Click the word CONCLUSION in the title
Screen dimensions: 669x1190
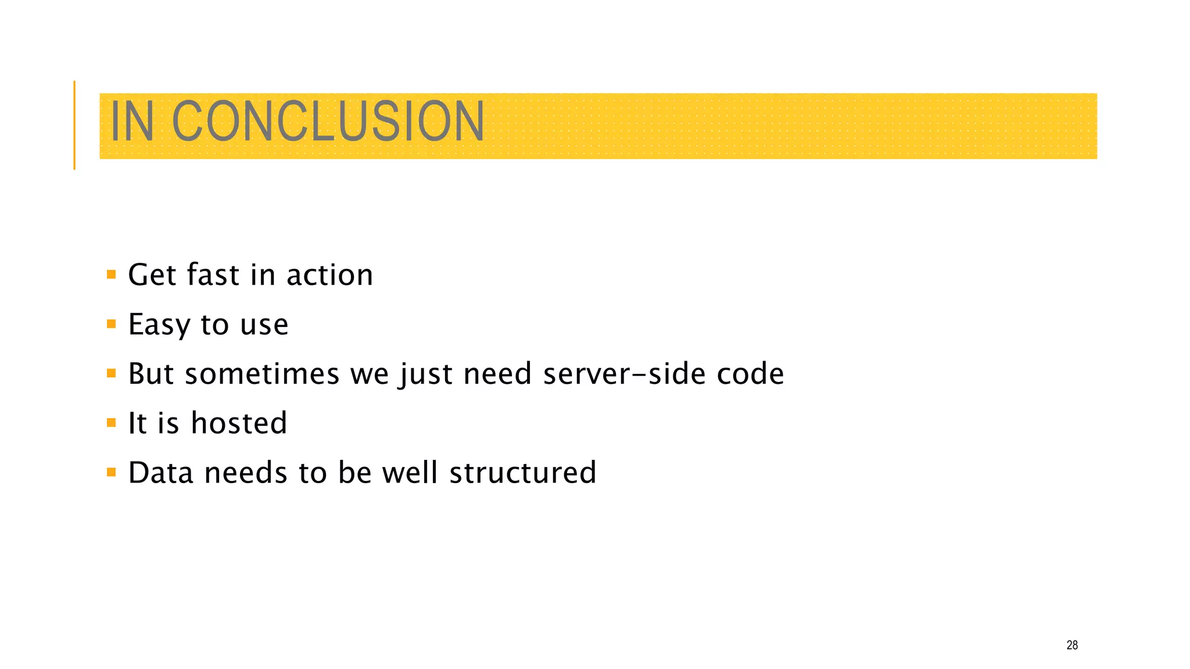328,121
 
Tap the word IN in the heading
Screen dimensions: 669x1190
132,121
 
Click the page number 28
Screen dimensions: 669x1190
1072,645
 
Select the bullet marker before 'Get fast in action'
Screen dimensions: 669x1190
112,274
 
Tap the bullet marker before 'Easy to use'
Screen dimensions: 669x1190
112,323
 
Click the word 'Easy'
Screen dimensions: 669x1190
159,324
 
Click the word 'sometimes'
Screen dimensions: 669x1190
261,373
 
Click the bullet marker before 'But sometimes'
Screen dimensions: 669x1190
112,373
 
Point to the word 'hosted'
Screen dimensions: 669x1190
239,423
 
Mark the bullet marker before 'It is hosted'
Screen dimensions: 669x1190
112,422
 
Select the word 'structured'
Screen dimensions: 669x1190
523,472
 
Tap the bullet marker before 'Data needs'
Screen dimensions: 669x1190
112,472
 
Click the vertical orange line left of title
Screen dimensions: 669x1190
74,125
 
